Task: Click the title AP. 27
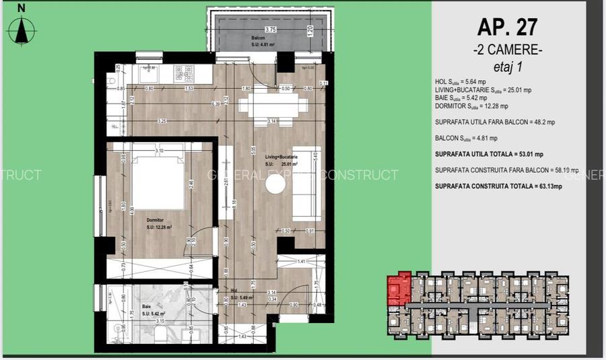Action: tap(507, 28)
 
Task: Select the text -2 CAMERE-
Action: tap(507, 50)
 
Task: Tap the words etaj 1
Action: tap(508, 67)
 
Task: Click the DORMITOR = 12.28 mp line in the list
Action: tap(471, 106)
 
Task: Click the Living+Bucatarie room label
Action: tap(281, 156)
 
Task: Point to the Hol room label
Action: tap(234, 291)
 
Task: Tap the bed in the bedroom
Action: tap(156, 176)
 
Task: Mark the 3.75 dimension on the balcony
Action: tap(271, 30)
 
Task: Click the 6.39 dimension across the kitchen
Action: tap(215, 104)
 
